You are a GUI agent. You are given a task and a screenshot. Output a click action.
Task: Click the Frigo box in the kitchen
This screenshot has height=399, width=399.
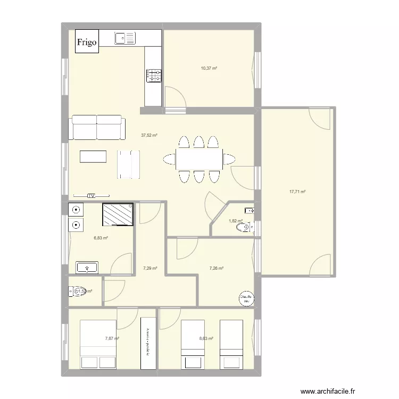click(87, 42)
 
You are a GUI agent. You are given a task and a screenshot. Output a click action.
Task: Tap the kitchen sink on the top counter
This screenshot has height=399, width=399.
click(126, 38)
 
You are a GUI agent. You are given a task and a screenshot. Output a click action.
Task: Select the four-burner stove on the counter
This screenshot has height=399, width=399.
click(154, 76)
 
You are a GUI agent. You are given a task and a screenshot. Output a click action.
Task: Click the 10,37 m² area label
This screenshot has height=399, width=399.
click(209, 69)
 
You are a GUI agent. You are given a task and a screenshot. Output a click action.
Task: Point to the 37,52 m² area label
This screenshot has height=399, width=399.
click(149, 136)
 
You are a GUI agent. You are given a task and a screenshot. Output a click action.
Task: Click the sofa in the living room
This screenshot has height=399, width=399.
click(97, 128)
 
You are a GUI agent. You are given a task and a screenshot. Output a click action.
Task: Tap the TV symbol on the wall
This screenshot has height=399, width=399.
click(92, 196)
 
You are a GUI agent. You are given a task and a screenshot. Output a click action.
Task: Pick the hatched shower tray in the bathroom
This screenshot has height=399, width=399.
click(118, 215)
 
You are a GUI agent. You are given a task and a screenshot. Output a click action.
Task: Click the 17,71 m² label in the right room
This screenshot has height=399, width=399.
click(297, 192)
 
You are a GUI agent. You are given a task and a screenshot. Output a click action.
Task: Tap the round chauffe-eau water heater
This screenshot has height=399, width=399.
click(245, 298)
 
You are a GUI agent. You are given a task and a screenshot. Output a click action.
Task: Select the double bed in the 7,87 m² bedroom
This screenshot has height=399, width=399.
click(98, 344)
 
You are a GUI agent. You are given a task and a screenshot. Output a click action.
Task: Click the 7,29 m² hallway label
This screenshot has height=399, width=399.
click(150, 269)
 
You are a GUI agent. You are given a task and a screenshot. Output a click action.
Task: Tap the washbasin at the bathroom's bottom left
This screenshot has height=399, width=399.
click(86, 267)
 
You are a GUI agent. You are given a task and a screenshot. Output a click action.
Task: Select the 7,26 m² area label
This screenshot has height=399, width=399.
click(216, 269)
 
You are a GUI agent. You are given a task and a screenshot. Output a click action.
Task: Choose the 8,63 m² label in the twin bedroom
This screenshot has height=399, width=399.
click(206, 338)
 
